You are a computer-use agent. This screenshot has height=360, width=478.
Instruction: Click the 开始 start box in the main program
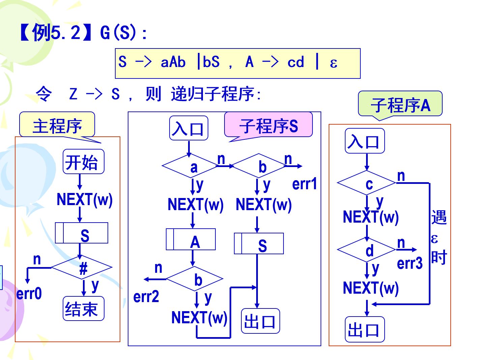(83, 162)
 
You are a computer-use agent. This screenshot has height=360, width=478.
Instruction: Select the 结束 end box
(83, 308)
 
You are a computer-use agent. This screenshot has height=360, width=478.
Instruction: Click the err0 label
(29, 294)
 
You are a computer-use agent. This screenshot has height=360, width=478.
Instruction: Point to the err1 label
(304, 184)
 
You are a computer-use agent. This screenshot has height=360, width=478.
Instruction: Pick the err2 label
(146, 297)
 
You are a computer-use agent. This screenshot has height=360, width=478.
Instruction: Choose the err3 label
(410, 263)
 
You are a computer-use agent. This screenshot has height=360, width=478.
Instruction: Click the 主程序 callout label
(57, 125)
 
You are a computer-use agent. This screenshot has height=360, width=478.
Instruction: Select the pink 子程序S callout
(268, 126)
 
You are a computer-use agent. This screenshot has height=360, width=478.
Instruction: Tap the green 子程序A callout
(400, 105)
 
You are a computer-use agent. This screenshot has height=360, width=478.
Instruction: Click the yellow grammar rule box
(238, 63)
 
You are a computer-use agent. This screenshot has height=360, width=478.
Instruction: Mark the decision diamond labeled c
(367, 183)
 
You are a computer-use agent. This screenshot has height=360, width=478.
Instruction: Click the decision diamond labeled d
(367, 250)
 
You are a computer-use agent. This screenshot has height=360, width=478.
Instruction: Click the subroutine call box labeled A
(191, 239)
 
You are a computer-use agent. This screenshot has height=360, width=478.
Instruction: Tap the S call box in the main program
(82, 233)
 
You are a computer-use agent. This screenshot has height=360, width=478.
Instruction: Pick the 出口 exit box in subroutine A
(364, 329)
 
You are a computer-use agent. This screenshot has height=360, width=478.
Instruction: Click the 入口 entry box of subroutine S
(188, 128)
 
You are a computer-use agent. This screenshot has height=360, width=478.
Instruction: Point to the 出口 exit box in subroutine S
(260, 321)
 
